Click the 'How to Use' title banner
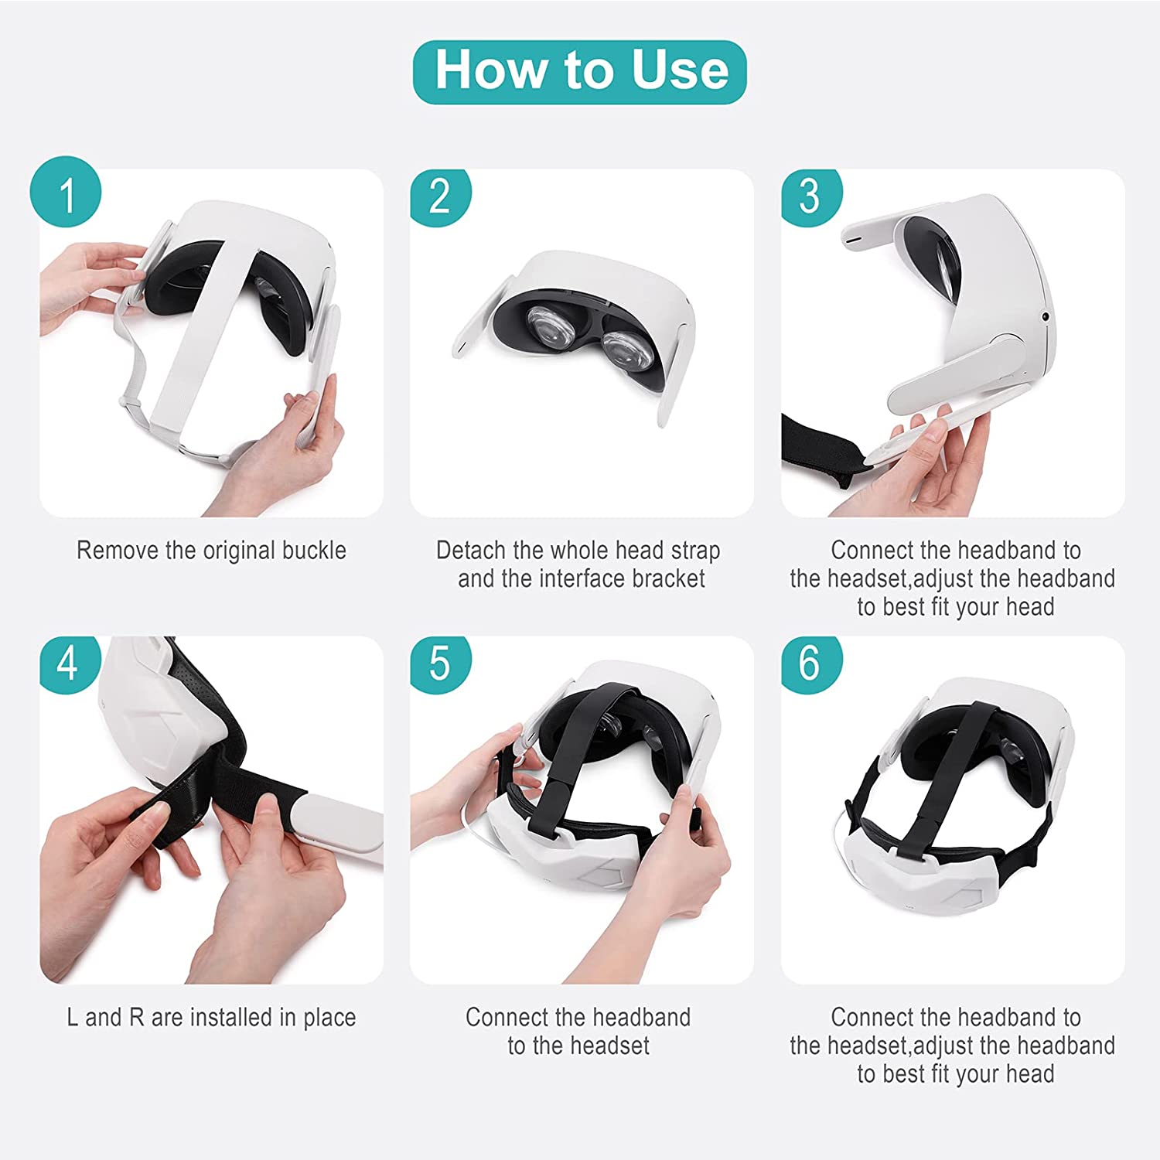coord(579,72)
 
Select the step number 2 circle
coord(440,196)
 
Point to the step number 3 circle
coord(810,196)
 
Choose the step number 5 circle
coord(440,664)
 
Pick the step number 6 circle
coord(810,664)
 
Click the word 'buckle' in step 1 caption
coord(313,551)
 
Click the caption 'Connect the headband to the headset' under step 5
coord(578,1032)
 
